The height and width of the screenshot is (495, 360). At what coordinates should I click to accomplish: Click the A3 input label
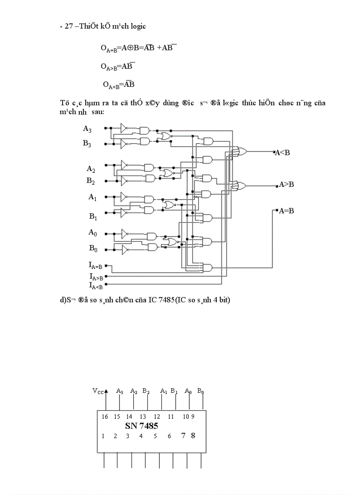coord(88,129)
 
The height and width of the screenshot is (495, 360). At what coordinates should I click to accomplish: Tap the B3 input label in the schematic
coord(88,144)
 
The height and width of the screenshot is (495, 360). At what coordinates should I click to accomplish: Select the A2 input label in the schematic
coord(91,169)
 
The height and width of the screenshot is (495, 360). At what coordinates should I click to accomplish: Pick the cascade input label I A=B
coord(95,266)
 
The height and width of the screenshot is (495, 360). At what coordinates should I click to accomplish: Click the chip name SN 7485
coord(139,426)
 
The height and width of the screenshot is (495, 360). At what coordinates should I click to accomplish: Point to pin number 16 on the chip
coord(104,417)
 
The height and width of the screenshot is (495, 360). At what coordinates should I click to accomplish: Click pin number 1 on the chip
coord(103,436)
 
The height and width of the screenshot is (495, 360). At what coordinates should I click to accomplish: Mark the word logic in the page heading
coord(138,26)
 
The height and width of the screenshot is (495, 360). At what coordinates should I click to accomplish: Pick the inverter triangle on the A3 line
coord(124,128)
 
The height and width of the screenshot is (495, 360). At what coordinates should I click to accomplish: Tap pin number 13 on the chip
coord(143,417)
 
